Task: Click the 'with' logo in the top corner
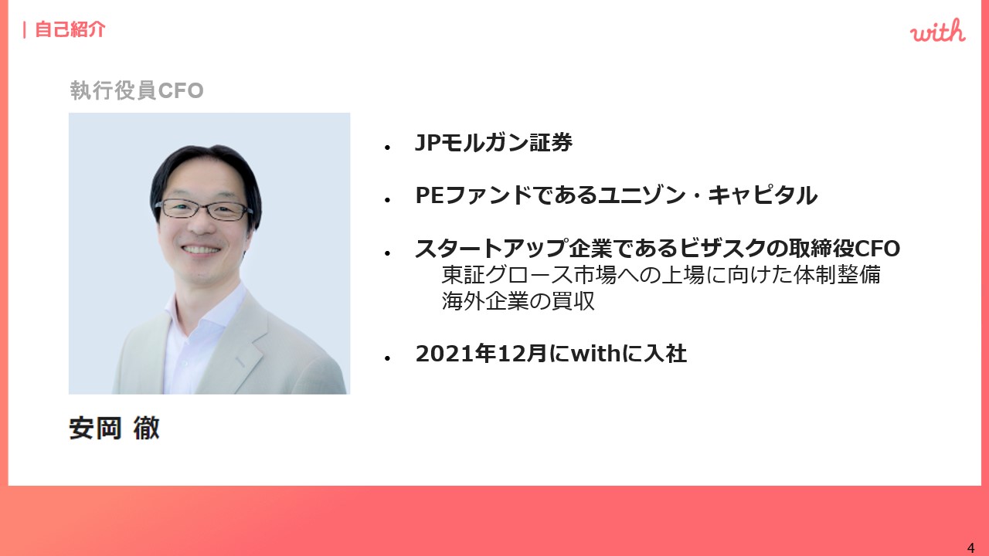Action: point(937,31)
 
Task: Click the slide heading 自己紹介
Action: point(70,29)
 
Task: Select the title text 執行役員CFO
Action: point(137,90)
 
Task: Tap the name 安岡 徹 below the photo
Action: point(114,428)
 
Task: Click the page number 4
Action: point(970,548)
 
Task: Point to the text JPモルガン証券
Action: point(494,143)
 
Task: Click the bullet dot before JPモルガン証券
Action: point(388,147)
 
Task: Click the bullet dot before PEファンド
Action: point(388,200)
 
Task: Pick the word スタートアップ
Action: point(491,248)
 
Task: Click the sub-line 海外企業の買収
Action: point(518,301)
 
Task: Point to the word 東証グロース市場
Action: point(529,274)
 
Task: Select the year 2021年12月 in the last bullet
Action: point(481,354)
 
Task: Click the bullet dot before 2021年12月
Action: point(388,358)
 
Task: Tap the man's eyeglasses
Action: point(204,209)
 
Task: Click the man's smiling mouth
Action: point(201,249)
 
